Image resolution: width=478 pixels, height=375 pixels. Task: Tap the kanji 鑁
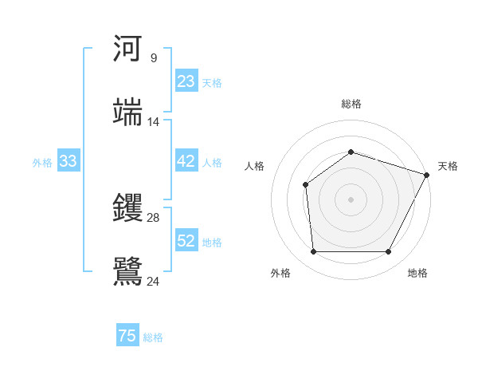(x=128, y=208)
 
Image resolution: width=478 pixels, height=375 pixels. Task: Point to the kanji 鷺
(x=128, y=271)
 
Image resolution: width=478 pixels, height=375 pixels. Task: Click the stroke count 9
(x=153, y=57)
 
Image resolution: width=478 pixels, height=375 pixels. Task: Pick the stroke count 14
(x=154, y=122)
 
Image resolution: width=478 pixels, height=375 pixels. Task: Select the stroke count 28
(x=154, y=217)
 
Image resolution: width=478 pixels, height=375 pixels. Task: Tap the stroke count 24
(x=154, y=281)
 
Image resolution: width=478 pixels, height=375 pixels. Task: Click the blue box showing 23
(x=186, y=81)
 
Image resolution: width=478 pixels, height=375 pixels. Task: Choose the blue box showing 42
(x=186, y=161)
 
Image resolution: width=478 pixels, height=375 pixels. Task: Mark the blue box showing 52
(x=186, y=241)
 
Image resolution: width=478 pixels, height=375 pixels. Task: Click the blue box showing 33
(x=68, y=161)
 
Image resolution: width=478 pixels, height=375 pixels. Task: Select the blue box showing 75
(x=127, y=336)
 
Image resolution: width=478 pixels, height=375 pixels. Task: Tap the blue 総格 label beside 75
(x=153, y=337)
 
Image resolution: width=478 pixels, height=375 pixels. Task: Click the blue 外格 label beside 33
(x=42, y=163)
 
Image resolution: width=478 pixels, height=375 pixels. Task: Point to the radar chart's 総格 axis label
(x=351, y=104)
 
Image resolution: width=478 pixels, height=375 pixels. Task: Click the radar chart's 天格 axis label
(x=448, y=166)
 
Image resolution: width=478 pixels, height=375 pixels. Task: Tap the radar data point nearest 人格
(x=306, y=185)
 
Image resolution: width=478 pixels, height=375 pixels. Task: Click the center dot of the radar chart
(x=351, y=199)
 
